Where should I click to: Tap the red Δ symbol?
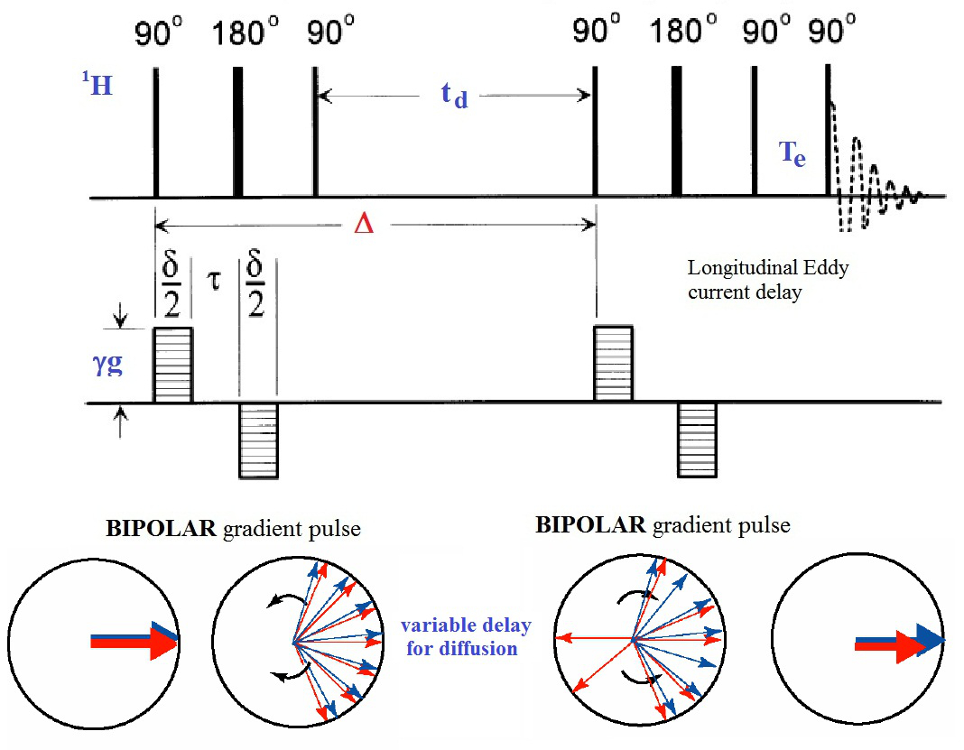(x=363, y=224)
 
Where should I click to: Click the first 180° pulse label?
(x=240, y=34)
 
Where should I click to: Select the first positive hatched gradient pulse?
(x=173, y=365)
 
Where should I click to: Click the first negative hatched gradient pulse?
(x=258, y=440)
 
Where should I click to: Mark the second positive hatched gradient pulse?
(x=613, y=364)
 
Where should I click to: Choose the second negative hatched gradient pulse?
(x=697, y=440)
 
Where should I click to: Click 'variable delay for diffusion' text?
(x=466, y=636)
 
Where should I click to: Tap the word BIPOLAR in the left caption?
(x=150, y=529)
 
